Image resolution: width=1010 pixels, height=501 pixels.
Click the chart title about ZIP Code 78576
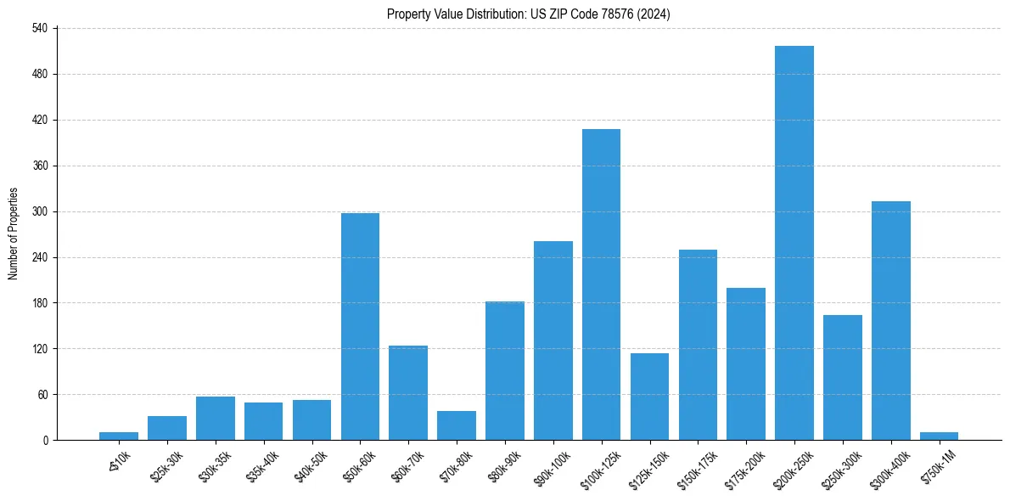[529, 14]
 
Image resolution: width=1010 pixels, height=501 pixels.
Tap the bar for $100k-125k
[601, 284]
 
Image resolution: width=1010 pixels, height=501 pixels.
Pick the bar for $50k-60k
[360, 326]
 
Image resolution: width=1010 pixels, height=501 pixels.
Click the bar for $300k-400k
[890, 320]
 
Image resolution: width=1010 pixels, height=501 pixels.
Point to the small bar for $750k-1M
[939, 436]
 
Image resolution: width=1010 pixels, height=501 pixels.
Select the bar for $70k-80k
[457, 425]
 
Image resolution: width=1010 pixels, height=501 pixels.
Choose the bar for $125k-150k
[649, 397]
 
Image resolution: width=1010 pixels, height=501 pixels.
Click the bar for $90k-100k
[553, 341]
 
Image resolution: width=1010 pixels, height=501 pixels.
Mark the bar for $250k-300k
[842, 377]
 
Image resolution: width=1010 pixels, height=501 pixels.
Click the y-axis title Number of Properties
[13, 234]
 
